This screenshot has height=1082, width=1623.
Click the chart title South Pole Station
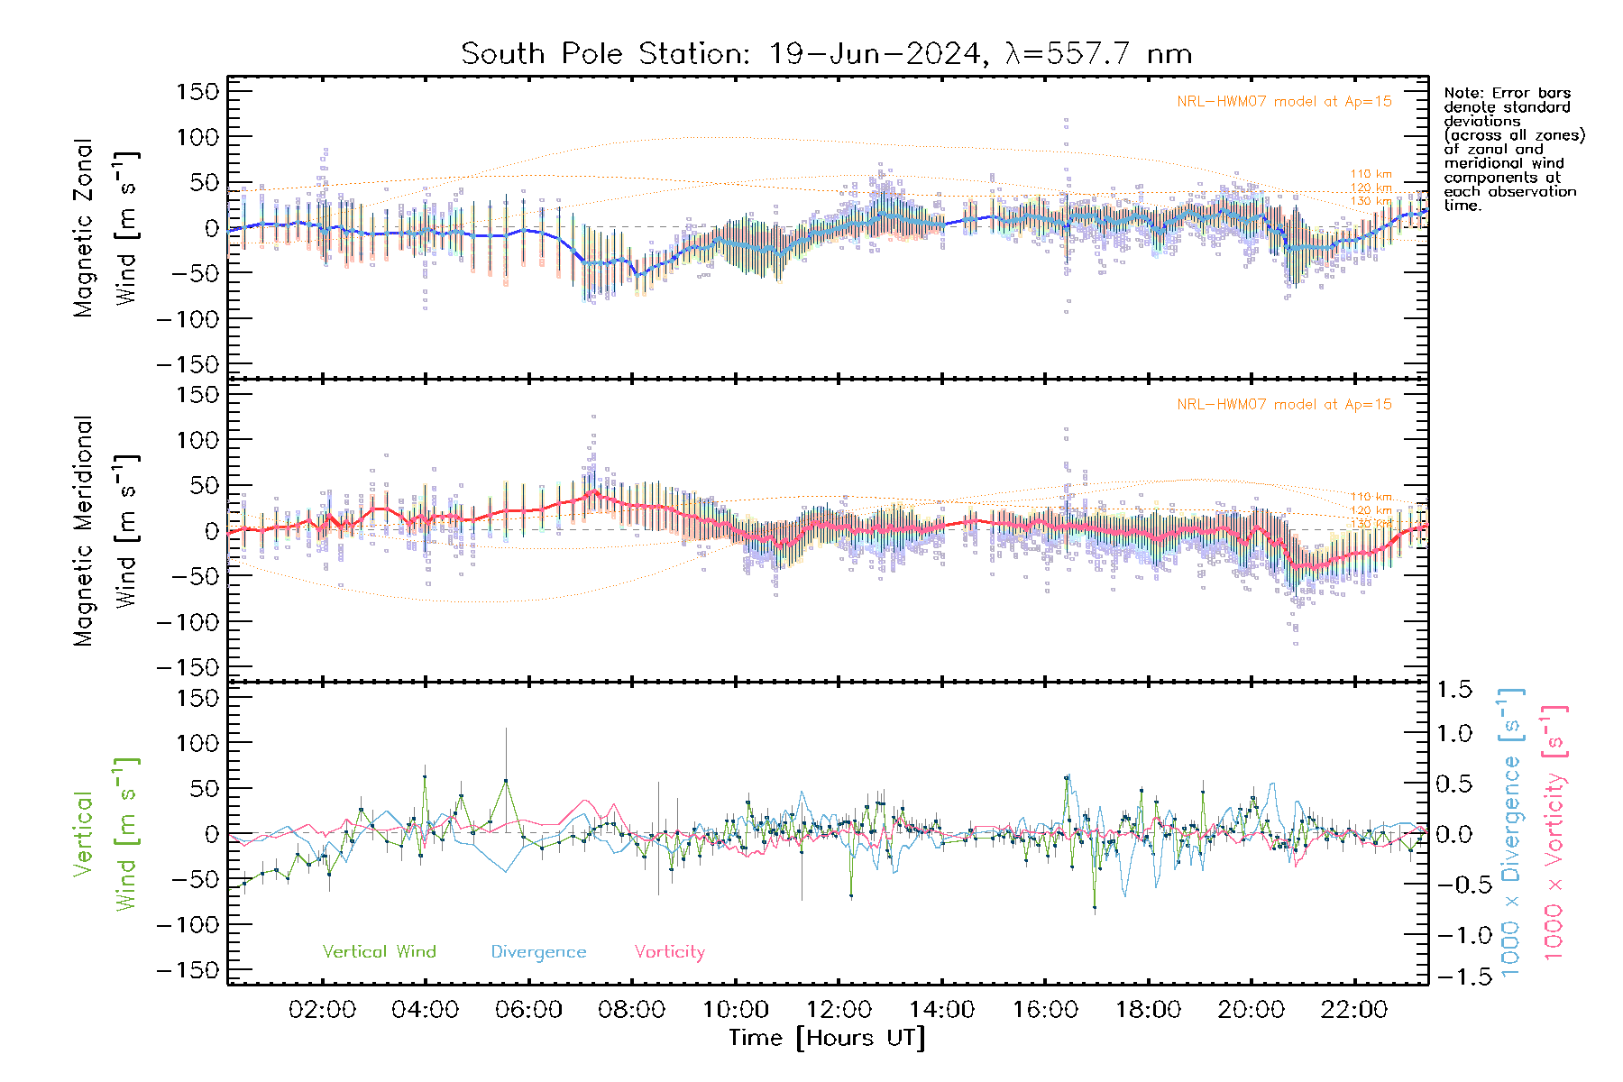[x=826, y=54]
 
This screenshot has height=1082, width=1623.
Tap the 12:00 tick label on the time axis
[x=839, y=1010]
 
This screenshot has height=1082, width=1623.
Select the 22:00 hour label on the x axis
[x=1353, y=1010]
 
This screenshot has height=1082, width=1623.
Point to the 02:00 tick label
[x=322, y=1010]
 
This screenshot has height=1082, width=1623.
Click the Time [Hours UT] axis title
[x=826, y=1038]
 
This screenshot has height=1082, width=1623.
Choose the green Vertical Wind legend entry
[x=379, y=952]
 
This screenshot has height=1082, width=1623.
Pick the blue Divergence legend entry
[x=538, y=952]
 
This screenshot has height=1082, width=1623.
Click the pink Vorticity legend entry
[x=669, y=952]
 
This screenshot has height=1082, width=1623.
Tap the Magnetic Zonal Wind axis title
[x=106, y=228]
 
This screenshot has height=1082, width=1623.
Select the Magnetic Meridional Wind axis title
[x=106, y=531]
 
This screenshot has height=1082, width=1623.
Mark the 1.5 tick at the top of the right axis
[x=1453, y=690]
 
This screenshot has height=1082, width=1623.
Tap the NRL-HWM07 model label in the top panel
[x=1284, y=102]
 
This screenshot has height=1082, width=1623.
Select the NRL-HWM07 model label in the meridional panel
[x=1284, y=405]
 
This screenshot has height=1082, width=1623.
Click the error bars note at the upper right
[x=1513, y=149]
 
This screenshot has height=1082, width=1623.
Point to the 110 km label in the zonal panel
[x=1371, y=174]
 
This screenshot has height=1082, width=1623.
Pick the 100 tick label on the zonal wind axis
[x=198, y=137]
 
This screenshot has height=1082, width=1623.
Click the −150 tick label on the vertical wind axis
[x=188, y=971]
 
